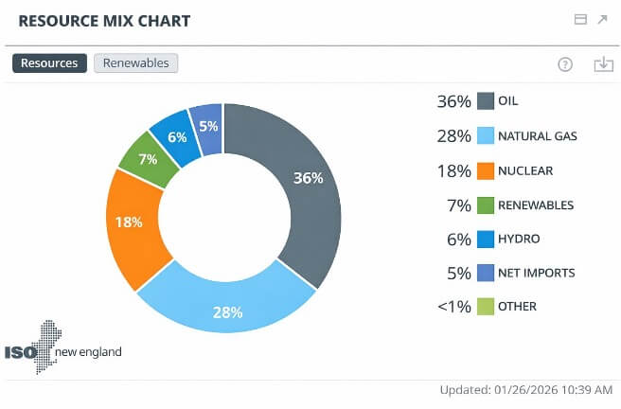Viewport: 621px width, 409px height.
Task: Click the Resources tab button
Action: tap(49, 63)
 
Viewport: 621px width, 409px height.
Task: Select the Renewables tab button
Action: tap(136, 63)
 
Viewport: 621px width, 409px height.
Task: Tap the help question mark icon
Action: tap(565, 64)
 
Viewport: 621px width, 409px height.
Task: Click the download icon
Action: tap(603, 64)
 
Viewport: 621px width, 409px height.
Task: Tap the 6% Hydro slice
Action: tap(175, 137)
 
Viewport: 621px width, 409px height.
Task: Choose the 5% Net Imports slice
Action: tap(207, 127)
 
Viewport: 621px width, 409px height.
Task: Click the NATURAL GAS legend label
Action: tap(537, 136)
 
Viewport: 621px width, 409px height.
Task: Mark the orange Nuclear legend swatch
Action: tap(486, 170)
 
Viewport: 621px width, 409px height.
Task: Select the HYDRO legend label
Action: tap(519, 239)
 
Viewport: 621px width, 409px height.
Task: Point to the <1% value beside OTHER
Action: tap(454, 307)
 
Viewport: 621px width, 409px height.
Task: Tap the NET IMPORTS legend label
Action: tap(536, 273)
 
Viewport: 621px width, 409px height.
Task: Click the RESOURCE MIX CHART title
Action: tap(104, 20)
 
